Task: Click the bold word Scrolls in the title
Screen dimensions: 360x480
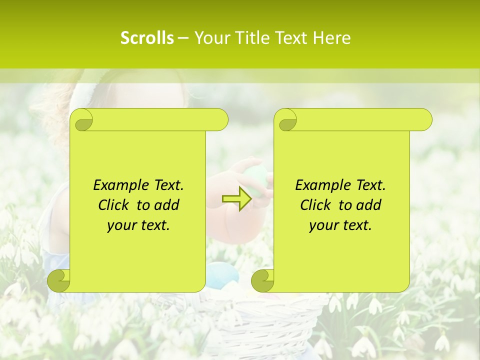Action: click(147, 38)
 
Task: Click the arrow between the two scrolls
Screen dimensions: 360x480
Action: click(236, 199)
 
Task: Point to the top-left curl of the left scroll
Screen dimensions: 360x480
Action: click(82, 120)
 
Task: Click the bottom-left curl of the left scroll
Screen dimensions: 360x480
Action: click(59, 280)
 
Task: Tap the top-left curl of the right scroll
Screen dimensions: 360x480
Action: click(286, 120)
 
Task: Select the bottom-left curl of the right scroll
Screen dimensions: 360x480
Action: click(262, 280)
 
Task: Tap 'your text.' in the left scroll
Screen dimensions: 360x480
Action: click(138, 225)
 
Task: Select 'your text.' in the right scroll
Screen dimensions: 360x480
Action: click(340, 225)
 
